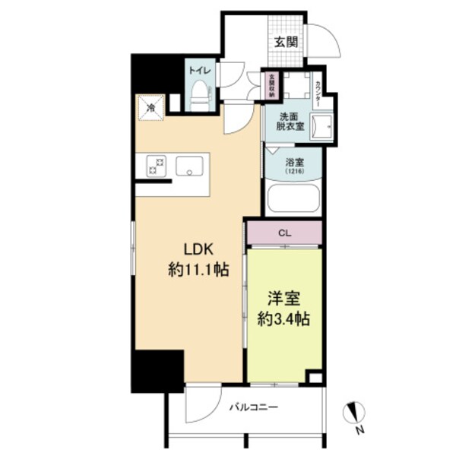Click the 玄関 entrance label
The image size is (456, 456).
(287, 40)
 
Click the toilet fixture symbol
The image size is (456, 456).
(200, 97)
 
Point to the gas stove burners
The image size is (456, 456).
(157, 166)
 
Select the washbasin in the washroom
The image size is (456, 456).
(324, 123)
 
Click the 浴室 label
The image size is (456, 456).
(293, 162)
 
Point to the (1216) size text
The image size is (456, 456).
(293, 172)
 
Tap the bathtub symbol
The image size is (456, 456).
(293, 199)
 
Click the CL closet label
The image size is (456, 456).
(283, 233)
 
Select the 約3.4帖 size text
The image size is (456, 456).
(283, 317)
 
